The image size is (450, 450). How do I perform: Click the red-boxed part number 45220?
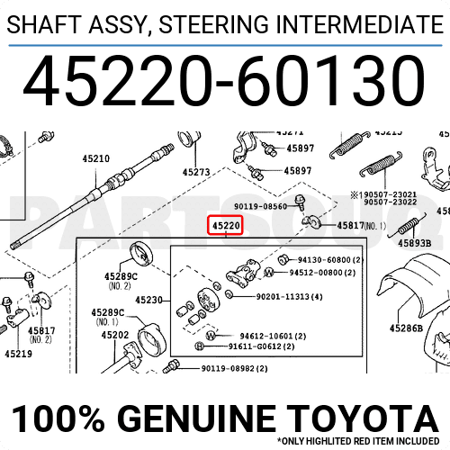click(x=226, y=223)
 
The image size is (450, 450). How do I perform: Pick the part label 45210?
click(x=96, y=159)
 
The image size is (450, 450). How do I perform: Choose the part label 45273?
click(x=195, y=172)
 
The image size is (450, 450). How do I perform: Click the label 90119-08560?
click(x=260, y=206)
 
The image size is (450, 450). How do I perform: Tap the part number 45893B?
click(x=414, y=243)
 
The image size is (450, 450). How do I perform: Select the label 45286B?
click(x=406, y=328)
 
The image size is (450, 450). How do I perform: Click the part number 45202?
click(x=114, y=335)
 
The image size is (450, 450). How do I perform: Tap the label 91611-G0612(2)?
click(x=257, y=346)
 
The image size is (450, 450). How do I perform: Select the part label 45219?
click(x=18, y=354)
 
